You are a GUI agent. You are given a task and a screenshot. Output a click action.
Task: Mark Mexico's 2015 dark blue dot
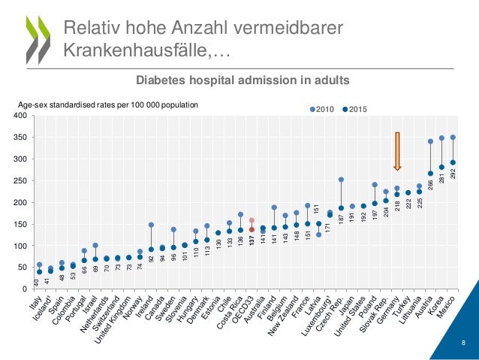pos(453,162)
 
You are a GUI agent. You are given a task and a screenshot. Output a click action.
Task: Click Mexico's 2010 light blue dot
pos(453,138)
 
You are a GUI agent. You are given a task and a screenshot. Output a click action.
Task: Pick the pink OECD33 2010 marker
pos(252,221)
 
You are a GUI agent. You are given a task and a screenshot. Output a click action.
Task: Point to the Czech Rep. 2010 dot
pos(341,180)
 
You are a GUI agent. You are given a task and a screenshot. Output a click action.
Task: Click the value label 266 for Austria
pos(430,188)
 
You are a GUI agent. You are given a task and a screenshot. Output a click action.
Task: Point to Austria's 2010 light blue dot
pos(430,141)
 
